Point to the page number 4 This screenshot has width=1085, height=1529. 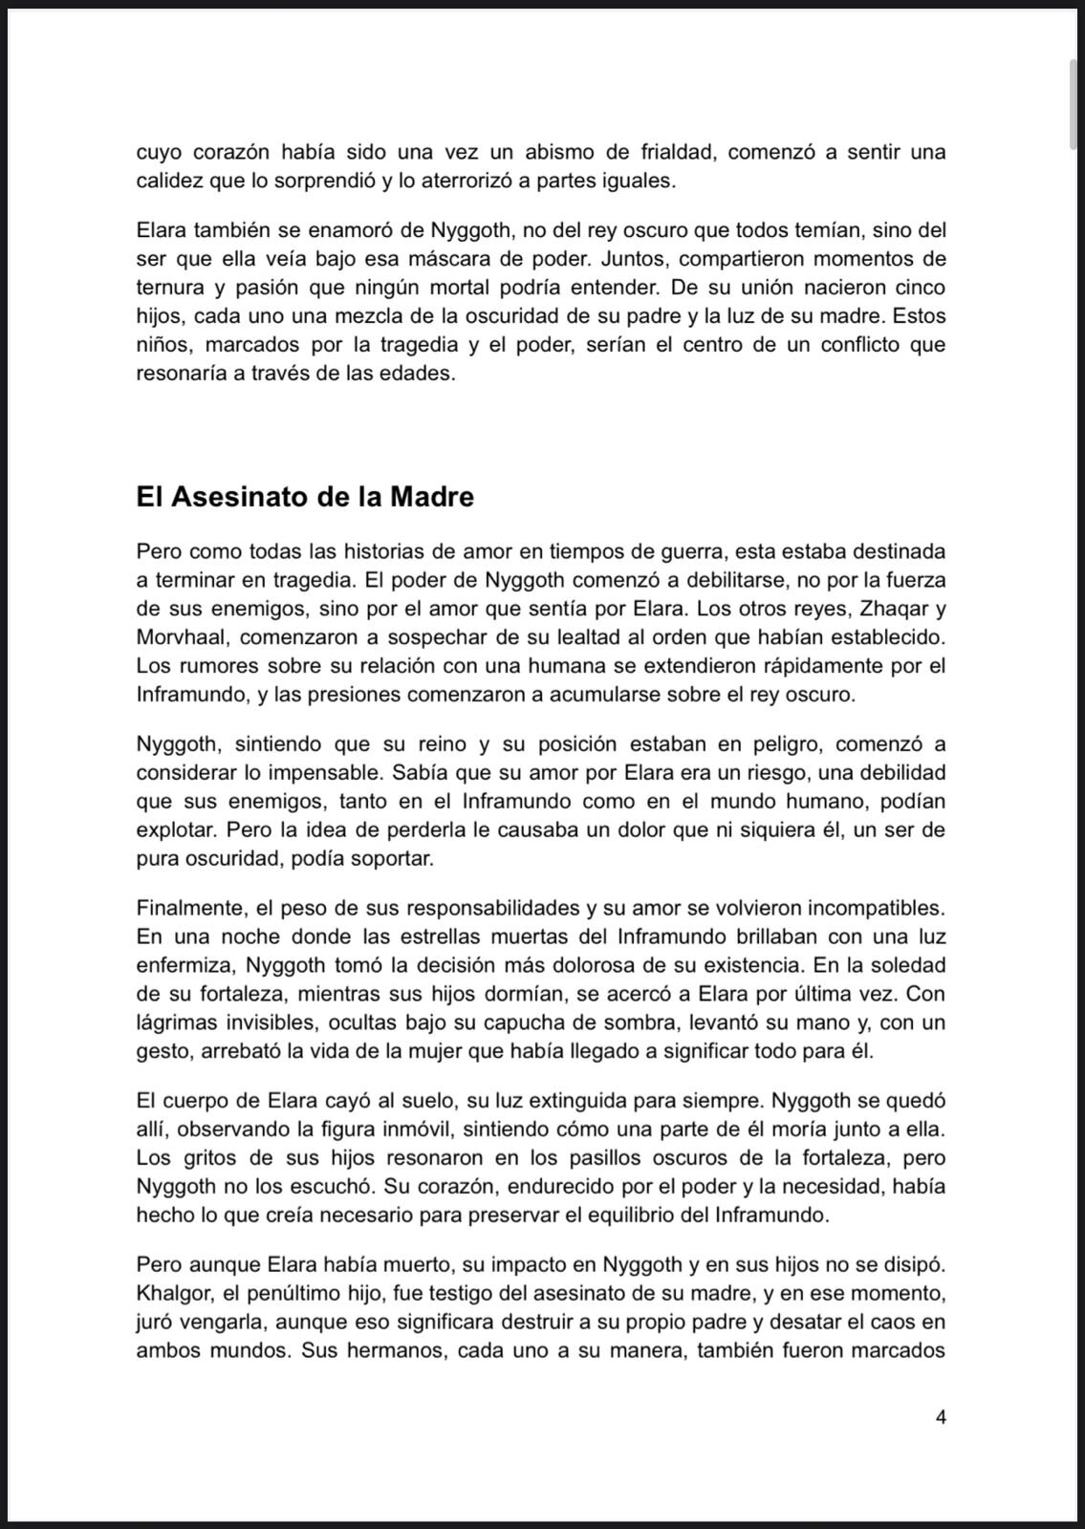pyautogui.click(x=941, y=1417)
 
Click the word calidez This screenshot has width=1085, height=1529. pyautogui.click(x=168, y=181)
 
